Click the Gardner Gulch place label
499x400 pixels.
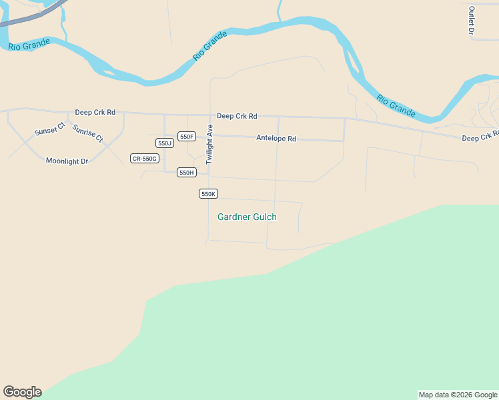[x=247, y=217]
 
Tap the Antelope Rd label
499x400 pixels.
[x=276, y=139]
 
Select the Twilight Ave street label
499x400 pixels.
[x=209, y=144]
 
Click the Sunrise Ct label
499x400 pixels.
[x=88, y=133]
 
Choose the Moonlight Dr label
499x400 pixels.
[x=67, y=161]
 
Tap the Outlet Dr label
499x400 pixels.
[x=471, y=21]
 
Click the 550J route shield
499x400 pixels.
[x=164, y=143]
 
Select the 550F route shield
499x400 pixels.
[x=186, y=137]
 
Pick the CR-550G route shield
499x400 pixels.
[x=145, y=158]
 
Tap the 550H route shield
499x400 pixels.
[x=186, y=172]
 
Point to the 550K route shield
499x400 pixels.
[x=208, y=193]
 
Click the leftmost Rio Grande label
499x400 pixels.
[x=29, y=44]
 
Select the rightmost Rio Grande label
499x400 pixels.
[x=396, y=105]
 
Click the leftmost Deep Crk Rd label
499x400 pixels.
[x=95, y=113]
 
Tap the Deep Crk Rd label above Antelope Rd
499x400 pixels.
[x=237, y=116]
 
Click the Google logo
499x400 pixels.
[x=22, y=392]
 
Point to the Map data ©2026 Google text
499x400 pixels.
[x=458, y=395]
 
